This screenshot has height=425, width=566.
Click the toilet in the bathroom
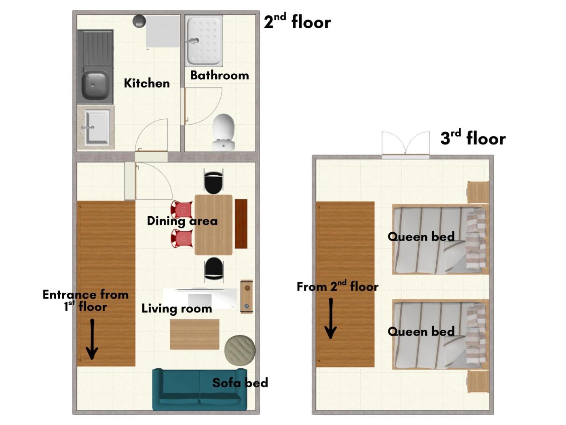[x=223, y=132]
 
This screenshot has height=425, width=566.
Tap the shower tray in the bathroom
[x=203, y=40]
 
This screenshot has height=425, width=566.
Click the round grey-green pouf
[x=240, y=350]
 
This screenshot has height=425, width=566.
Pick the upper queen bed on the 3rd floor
[x=440, y=240]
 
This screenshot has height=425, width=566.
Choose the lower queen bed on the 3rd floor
[x=440, y=334]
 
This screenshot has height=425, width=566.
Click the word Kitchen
[x=147, y=83]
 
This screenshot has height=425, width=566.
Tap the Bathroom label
[x=220, y=75]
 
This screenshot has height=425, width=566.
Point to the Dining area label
[x=182, y=221]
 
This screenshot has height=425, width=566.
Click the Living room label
[x=177, y=308]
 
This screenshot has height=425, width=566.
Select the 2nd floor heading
[x=297, y=21]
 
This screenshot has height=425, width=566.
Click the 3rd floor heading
[x=473, y=138]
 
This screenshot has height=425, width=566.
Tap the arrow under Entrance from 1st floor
[x=92, y=339]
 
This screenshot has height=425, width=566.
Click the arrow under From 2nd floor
[x=330, y=319]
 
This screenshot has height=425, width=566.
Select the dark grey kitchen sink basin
[x=95, y=85]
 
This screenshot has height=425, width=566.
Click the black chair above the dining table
[x=213, y=181]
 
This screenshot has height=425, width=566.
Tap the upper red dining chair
[x=182, y=209]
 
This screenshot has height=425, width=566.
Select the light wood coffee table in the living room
[x=195, y=334]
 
